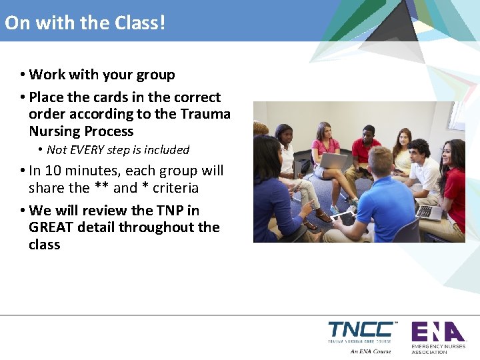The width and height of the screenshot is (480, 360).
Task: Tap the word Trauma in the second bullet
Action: pos(208,114)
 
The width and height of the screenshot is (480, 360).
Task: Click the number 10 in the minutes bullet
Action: pos(55,171)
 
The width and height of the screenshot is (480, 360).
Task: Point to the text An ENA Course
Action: pos(371,351)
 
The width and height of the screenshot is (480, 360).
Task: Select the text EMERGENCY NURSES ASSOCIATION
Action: pos(438,349)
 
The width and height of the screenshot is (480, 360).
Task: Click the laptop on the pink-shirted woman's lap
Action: pos(333,161)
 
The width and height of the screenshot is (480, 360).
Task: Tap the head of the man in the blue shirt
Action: pos(381,161)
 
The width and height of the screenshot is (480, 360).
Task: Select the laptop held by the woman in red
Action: pos(427,212)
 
